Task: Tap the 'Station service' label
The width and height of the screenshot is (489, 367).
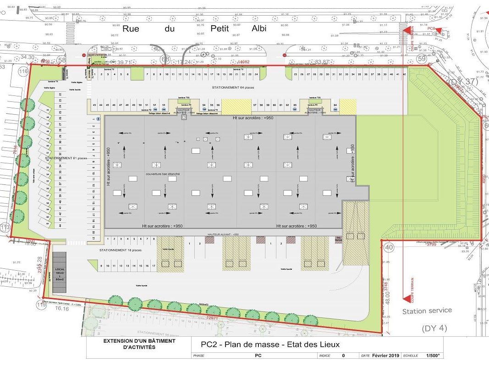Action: (x=427, y=311)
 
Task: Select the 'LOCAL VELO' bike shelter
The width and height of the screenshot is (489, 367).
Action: (x=60, y=273)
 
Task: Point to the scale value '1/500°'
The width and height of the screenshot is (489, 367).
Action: (x=433, y=356)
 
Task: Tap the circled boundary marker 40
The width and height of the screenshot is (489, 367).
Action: (x=389, y=248)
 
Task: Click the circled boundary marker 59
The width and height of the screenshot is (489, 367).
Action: (x=422, y=59)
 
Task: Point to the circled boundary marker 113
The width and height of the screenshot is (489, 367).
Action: (x=5, y=228)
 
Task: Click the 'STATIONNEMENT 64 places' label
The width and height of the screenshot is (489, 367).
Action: (x=233, y=87)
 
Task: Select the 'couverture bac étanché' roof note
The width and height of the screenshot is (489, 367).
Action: (x=163, y=174)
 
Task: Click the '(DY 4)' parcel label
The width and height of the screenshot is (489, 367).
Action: (x=434, y=328)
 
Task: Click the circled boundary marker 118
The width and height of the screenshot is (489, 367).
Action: (x=23, y=71)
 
